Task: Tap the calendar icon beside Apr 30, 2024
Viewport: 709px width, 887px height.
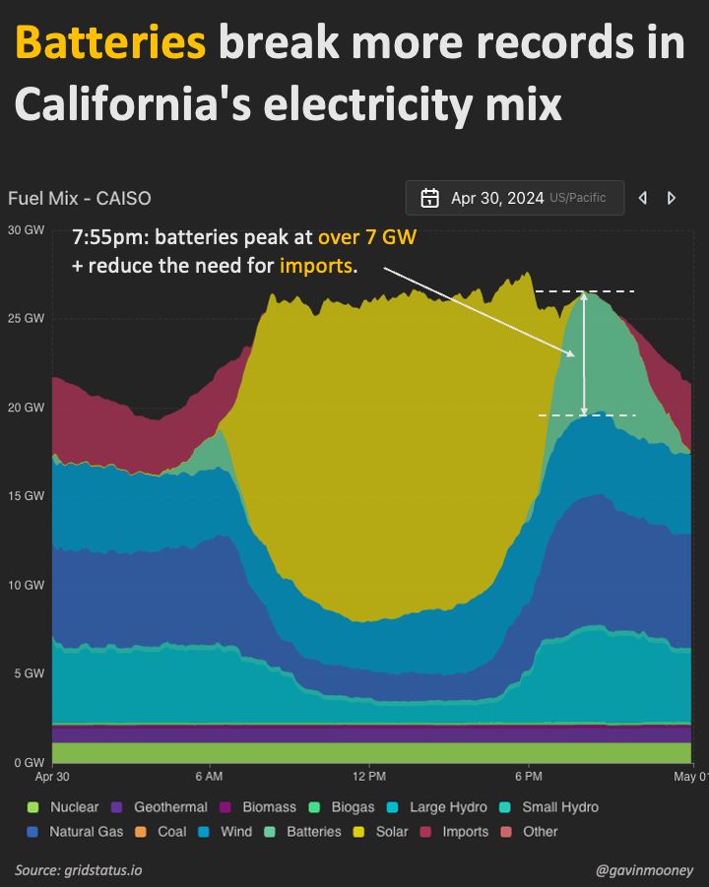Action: (429, 198)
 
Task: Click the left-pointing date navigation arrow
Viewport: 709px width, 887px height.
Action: (643, 198)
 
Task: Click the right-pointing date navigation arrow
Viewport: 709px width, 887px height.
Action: (672, 198)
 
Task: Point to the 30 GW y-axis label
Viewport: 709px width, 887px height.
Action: (26, 229)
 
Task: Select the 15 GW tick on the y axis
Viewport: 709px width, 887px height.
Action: (26, 496)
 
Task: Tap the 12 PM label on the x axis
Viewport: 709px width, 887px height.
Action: (369, 776)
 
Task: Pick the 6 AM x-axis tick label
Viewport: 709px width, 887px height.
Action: (210, 776)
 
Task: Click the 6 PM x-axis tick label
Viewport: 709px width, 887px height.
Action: (529, 776)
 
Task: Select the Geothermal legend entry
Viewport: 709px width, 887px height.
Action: (160, 807)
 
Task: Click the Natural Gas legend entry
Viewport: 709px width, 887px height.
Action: (75, 832)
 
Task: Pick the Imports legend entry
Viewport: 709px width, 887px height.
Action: (455, 832)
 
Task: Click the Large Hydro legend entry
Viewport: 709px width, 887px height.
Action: (437, 807)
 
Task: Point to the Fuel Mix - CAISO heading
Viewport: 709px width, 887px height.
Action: (80, 199)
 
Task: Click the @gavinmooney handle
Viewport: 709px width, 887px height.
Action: (645, 870)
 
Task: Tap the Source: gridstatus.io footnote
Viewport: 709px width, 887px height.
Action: (78, 870)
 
